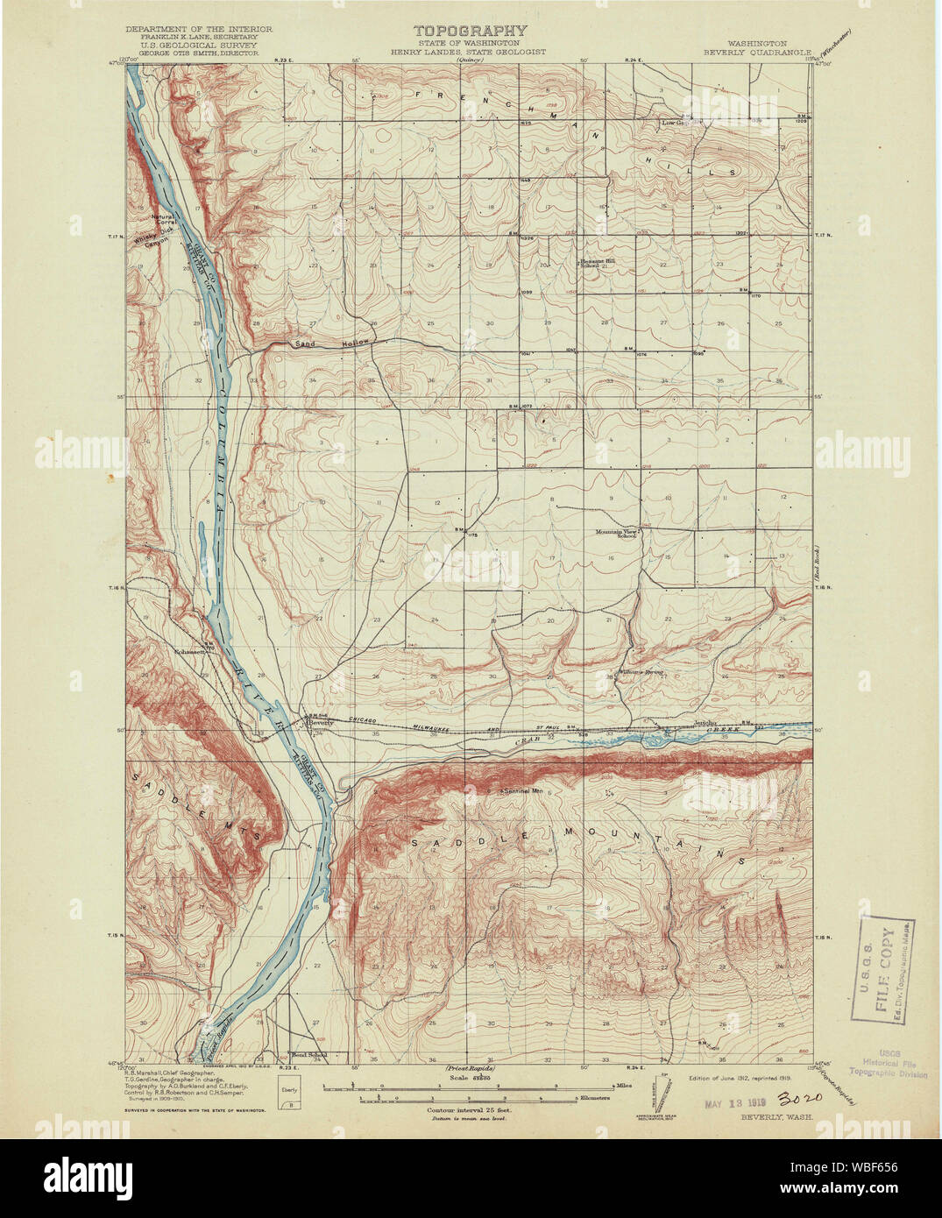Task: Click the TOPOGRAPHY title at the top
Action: pyautogui.click(x=471, y=32)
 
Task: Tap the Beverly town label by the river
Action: pyautogui.click(x=322, y=723)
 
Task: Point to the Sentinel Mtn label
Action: pyautogui.click(x=522, y=791)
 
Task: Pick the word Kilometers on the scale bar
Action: pyautogui.click(x=595, y=1097)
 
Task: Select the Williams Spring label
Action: pyautogui.click(x=642, y=673)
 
